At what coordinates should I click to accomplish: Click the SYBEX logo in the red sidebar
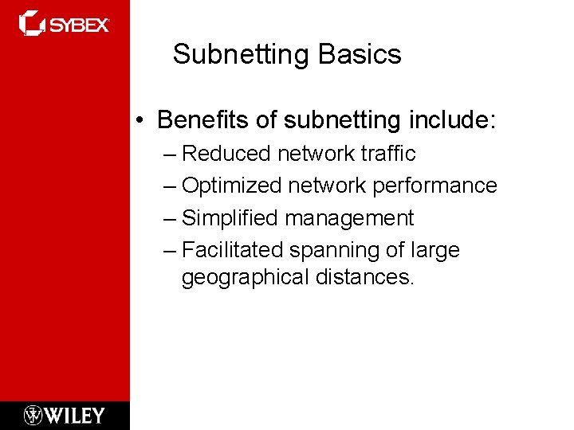pos(64,24)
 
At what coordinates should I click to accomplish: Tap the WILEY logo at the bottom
pos(65,415)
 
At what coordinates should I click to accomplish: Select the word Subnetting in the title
pos(242,55)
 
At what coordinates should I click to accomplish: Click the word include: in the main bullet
pos(452,120)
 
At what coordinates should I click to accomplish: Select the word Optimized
pos(232,186)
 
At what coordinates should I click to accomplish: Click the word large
pos(435,251)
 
